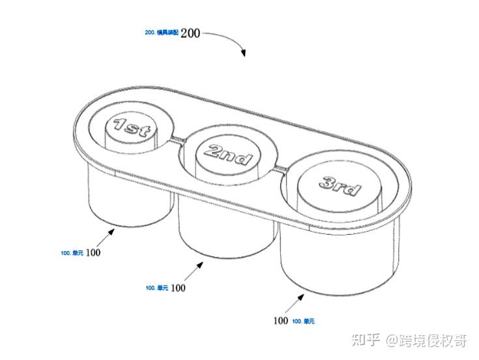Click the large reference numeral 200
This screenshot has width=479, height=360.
(190, 33)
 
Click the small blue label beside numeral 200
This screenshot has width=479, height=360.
(162, 32)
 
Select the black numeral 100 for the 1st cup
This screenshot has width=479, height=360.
(93, 252)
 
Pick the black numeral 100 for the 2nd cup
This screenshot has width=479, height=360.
(178, 287)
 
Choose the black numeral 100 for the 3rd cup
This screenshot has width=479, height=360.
(281, 321)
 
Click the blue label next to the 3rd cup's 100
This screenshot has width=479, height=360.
(304, 322)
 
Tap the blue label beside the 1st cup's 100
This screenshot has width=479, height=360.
(72, 253)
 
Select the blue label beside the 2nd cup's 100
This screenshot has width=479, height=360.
(157, 288)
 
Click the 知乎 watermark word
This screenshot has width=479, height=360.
(365, 340)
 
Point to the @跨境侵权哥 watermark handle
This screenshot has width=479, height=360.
(426, 340)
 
